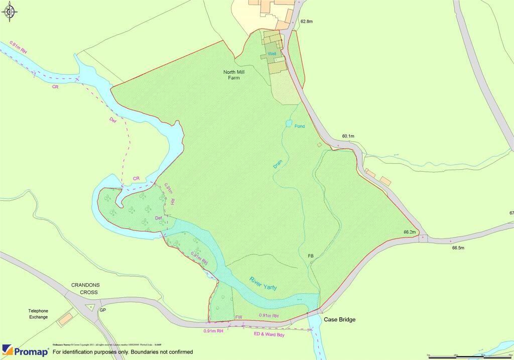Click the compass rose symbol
[x=11, y=12]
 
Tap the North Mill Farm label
[x=234, y=75]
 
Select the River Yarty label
[x=263, y=283]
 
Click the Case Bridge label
[x=339, y=320]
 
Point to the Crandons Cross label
[x=84, y=288]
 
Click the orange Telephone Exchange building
[x=65, y=318]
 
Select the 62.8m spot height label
[x=307, y=22]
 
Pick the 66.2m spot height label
[x=410, y=232]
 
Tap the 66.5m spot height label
[x=458, y=248]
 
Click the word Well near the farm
[x=272, y=53]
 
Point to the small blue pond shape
[x=289, y=123]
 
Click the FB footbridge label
[x=310, y=257]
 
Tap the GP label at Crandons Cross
[x=103, y=310]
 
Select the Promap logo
[x=25, y=350]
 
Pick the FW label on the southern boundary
[x=238, y=318]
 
